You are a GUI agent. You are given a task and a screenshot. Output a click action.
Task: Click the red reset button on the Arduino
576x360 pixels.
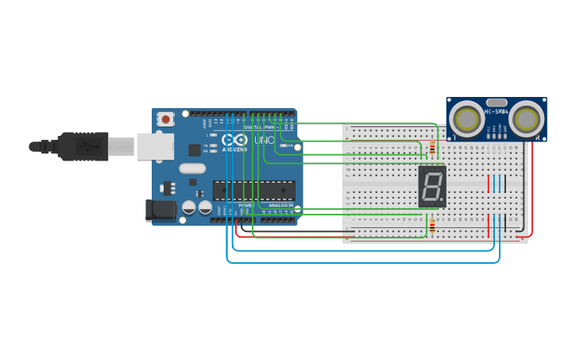(x=165, y=119)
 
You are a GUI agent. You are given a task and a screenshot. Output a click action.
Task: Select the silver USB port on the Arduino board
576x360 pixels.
(x=154, y=146)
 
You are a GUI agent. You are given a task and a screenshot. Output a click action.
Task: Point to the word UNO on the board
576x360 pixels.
(x=264, y=141)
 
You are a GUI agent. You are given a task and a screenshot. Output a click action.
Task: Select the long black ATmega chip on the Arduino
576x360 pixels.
(x=253, y=191)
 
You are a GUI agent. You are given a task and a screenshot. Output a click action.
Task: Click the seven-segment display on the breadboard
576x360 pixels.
(x=431, y=187)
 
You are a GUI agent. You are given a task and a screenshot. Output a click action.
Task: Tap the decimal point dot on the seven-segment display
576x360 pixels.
(x=441, y=200)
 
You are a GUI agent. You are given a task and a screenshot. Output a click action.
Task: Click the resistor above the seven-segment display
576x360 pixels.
(x=431, y=148)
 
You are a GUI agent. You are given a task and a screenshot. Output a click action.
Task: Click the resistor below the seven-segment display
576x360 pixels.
(x=431, y=227)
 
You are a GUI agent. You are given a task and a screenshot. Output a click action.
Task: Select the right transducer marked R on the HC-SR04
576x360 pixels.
(x=527, y=119)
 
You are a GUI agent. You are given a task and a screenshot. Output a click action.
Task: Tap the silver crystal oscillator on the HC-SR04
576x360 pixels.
(x=496, y=103)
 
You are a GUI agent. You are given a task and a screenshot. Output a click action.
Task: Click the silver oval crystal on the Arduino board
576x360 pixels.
(x=192, y=168)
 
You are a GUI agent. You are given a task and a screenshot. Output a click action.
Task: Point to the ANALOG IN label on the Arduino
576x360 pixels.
(x=280, y=205)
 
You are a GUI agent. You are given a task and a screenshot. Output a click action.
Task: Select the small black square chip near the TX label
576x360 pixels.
(x=194, y=149)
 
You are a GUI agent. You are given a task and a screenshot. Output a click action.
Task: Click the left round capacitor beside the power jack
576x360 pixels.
(x=188, y=207)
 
